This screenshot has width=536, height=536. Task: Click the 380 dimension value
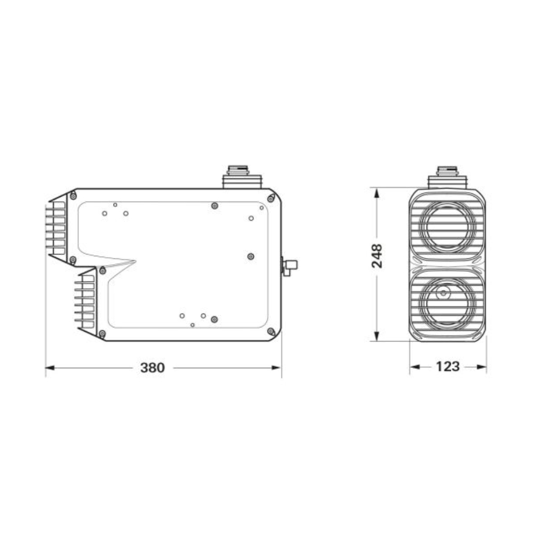pos(152,368)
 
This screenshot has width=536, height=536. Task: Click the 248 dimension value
pos(377,256)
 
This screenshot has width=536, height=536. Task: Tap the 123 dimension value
pos(448,367)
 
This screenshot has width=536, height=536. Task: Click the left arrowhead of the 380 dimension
pos(50,368)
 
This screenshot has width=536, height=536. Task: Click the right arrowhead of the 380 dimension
pos(277,368)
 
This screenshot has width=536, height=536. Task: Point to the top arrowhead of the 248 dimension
pos(377,193)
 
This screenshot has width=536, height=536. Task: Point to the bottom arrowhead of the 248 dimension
pos(377,336)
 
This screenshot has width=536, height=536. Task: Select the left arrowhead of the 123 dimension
pos(415,367)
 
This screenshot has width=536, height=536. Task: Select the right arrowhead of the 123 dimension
pos(481,367)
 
